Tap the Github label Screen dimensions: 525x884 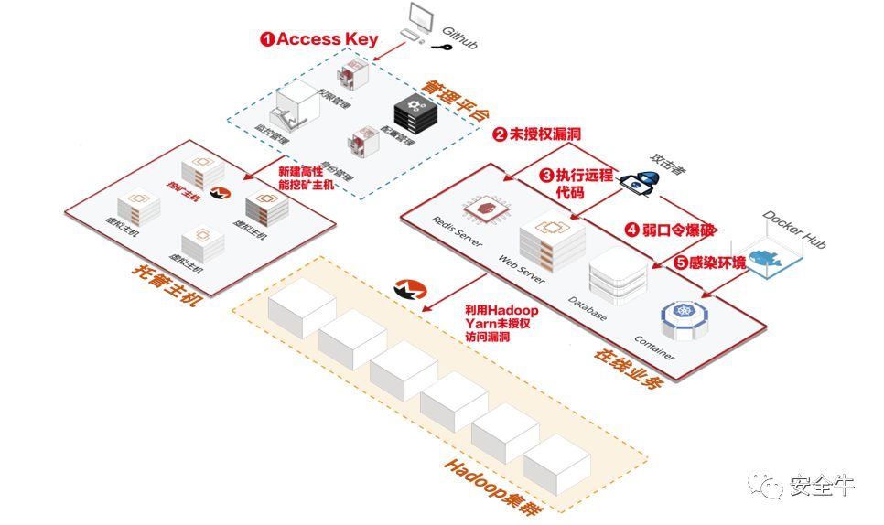click(x=459, y=38)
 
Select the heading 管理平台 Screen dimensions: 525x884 click(x=454, y=98)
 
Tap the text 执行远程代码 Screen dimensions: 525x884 click(x=575, y=183)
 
